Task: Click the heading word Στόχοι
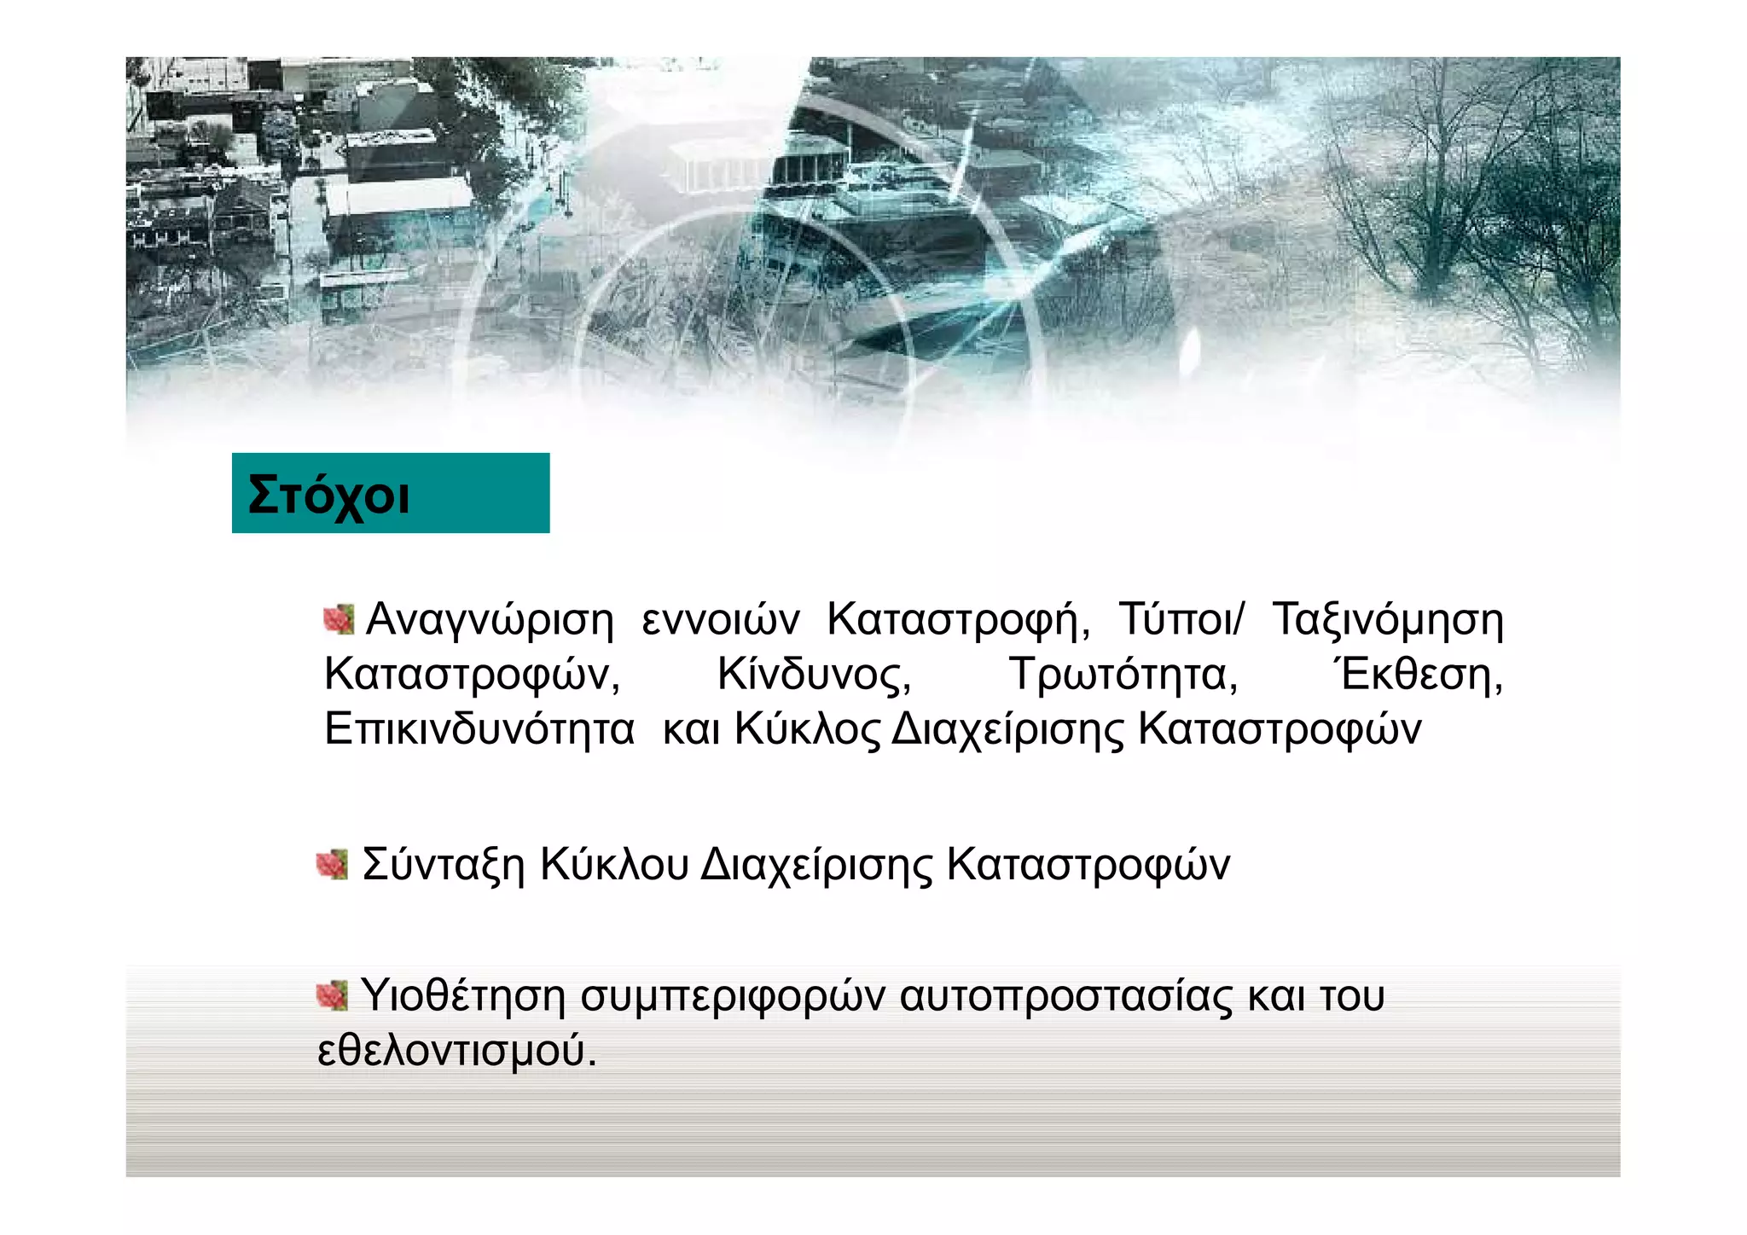pyautogui.click(x=328, y=495)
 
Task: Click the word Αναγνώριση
pyautogui.click(x=490, y=619)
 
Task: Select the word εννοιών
pyautogui.click(x=721, y=619)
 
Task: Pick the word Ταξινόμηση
pyautogui.click(x=1388, y=619)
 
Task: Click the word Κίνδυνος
pyautogui.click(x=815, y=675)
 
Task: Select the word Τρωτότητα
pyautogui.click(x=1123, y=675)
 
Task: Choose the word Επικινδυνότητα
pyautogui.click(x=479, y=730)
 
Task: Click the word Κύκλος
pyautogui.click(x=807, y=730)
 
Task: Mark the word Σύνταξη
pyautogui.click(x=444, y=865)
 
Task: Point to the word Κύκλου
pyautogui.click(x=614, y=865)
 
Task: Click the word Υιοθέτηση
pyautogui.click(x=463, y=995)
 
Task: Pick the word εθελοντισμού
pyautogui.click(x=456, y=1051)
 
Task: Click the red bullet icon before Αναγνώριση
pyautogui.click(x=339, y=619)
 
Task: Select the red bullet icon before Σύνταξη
pyautogui.click(x=332, y=864)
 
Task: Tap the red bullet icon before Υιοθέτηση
pyautogui.click(x=332, y=994)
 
